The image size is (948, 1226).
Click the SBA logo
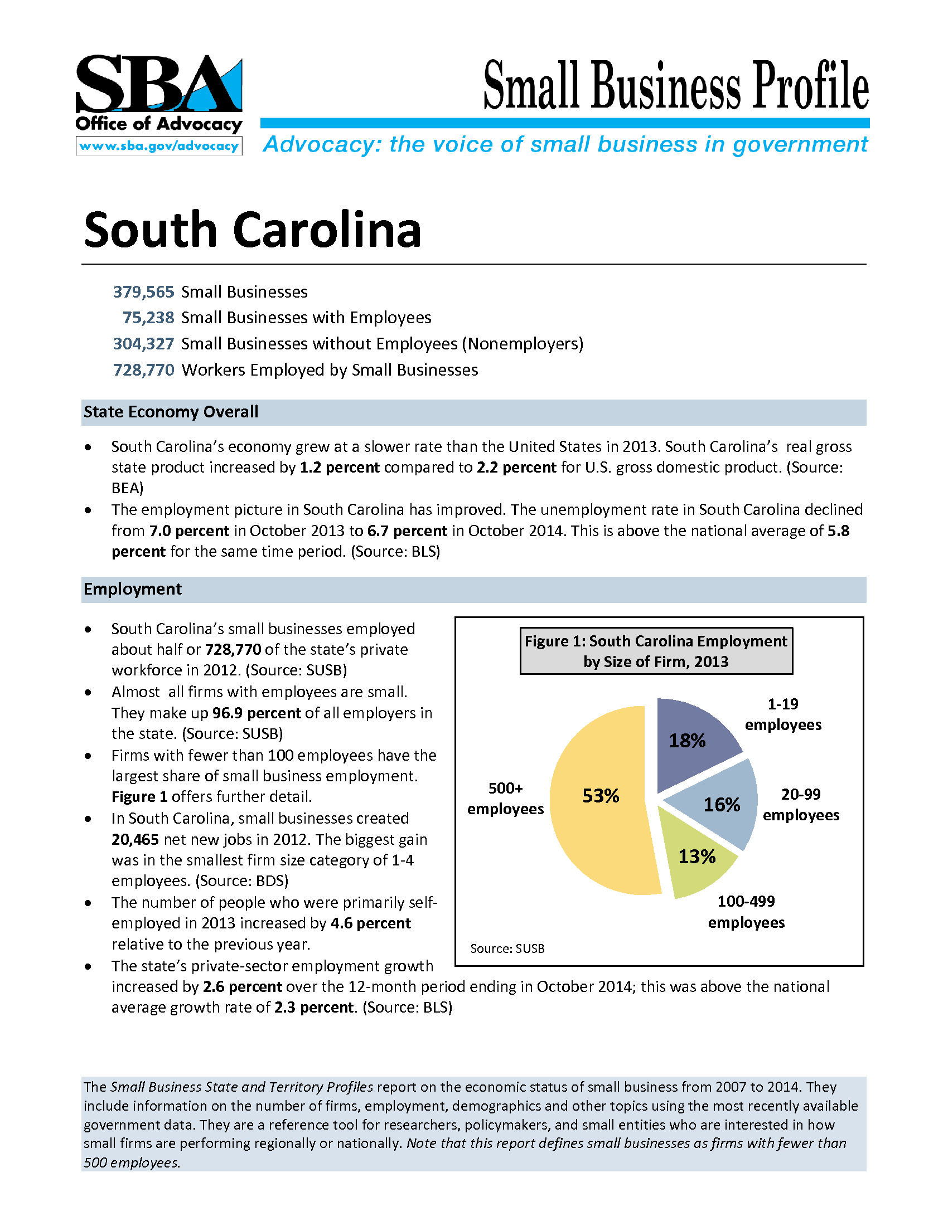click(x=159, y=84)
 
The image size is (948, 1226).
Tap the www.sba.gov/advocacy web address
click(x=159, y=147)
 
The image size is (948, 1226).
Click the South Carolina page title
click(x=252, y=230)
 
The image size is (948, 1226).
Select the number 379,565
click(x=144, y=292)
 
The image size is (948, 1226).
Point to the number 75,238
click(x=148, y=318)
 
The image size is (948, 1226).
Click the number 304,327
click(x=144, y=343)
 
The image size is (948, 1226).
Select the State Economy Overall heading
click(x=171, y=412)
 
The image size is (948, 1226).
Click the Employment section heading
click(x=133, y=590)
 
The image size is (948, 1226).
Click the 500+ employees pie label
click(x=505, y=799)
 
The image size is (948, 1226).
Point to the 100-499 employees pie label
click(x=746, y=912)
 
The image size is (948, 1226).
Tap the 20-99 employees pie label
click(x=801, y=804)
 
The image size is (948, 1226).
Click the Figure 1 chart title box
click(x=656, y=651)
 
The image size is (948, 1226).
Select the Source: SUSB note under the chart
click(x=507, y=948)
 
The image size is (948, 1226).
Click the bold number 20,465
click(x=136, y=840)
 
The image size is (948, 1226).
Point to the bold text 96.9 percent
click(x=257, y=713)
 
